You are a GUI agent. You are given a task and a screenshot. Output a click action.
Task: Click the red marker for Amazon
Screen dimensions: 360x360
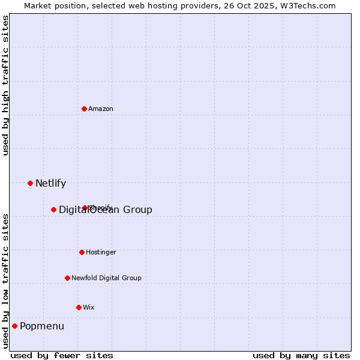(x=85, y=109)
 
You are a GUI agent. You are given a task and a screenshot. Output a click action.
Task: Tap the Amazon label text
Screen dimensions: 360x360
(x=101, y=109)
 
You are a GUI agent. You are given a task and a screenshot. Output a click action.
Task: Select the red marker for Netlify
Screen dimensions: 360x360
(x=30, y=183)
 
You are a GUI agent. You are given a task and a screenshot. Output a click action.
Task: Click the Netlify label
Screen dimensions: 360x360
(x=50, y=184)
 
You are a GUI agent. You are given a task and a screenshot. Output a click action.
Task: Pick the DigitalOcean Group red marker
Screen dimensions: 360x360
(x=53, y=209)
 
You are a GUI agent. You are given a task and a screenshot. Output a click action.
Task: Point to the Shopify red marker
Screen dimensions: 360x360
(x=85, y=208)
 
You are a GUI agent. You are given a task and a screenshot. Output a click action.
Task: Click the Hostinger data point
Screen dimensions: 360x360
(x=82, y=252)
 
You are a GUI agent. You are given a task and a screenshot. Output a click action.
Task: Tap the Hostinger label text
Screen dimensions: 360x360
(x=101, y=253)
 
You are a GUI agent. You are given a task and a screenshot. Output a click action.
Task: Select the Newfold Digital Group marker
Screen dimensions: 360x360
(x=67, y=278)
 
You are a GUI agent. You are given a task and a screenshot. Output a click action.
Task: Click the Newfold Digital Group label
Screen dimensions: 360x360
(x=106, y=278)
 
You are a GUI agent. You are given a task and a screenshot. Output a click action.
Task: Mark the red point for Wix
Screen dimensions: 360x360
(x=79, y=307)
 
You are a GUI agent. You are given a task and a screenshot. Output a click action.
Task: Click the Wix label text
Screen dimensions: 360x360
(x=89, y=308)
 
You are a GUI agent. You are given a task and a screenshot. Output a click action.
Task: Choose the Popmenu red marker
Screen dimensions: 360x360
(x=14, y=326)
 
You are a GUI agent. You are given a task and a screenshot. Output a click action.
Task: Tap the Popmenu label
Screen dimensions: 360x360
(x=42, y=326)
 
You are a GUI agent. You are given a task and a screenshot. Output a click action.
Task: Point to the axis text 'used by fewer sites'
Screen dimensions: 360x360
(x=62, y=355)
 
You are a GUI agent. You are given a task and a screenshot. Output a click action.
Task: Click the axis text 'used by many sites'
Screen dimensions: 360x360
(x=301, y=355)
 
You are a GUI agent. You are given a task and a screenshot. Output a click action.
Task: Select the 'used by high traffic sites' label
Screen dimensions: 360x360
(x=6, y=85)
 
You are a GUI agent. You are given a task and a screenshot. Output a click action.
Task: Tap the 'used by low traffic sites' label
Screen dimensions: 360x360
(x=6, y=280)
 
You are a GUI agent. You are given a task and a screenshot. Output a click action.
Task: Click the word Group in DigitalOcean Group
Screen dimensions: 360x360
(x=138, y=210)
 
